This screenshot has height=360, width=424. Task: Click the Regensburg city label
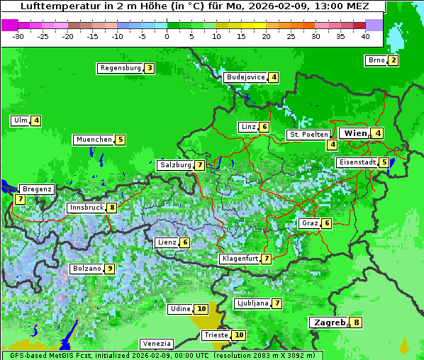click(120, 68)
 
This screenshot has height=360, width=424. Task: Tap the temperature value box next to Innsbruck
click(112, 208)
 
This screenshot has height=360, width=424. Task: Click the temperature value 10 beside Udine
click(201, 309)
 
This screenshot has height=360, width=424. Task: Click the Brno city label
click(376, 60)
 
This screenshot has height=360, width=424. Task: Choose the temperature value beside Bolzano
click(109, 269)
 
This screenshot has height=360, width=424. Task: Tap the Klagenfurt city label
click(240, 259)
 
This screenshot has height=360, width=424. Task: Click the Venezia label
click(156, 344)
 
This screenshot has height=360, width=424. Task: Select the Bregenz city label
click(37, 189)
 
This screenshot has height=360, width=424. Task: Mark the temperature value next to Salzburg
click(200, 165)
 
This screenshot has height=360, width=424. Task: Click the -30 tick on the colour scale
click(18, 35)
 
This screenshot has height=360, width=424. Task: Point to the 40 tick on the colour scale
click(365, 35)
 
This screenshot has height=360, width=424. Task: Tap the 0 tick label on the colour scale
click(167, 35)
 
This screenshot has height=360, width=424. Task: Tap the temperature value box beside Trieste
click(239, 335)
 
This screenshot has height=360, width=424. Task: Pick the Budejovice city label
click(245, 77)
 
